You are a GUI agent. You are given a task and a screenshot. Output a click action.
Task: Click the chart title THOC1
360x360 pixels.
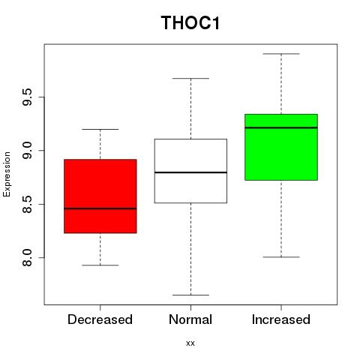pyautogui.click(x=190, y=22)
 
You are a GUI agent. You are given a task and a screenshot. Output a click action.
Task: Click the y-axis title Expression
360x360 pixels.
pyautogui.click(x=7, y=175)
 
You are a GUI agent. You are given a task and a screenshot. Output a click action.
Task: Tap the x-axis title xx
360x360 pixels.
pyautogui.click(x=190, y=343)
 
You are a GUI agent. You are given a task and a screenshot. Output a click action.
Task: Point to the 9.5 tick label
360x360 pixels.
pyautogui.click(x=27, y=97)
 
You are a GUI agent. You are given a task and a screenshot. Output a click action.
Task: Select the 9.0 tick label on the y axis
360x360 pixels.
pyautogui.click(x=27, y=151)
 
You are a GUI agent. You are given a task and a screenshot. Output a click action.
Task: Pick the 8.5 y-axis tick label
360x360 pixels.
pyautogui.click(x=27, y=204)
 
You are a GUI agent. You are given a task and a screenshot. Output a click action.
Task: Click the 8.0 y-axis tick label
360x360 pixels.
pyautogui.click(x=27, y=257)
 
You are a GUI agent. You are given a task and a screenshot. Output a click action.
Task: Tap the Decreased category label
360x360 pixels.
pyautogui.click(x=100, y=319)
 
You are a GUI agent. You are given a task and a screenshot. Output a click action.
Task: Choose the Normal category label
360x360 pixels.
pyautogui.click(x=190, y=319)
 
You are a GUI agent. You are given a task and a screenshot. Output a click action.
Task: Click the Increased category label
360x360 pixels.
pyautogui.click(x=281, y=319)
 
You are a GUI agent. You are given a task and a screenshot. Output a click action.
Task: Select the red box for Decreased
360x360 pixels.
pyautogui.click(x=100, y=196)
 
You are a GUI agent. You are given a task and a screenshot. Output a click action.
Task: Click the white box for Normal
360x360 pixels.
pyautogui.click(x=190, y=171)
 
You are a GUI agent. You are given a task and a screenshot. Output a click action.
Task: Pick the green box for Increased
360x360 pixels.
pyautogui.click(x=281, y=147)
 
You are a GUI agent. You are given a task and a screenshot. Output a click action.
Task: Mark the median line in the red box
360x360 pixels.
pyautogui.click(x=100, y=208)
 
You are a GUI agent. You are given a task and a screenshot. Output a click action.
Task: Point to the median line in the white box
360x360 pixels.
pyautogui.click(x=190, y=172)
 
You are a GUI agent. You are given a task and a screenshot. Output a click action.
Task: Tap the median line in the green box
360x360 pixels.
pyautogui.click(x=281, y=127)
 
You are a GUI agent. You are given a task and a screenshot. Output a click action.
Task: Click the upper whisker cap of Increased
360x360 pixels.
pyautogui.click(x=281, y=54)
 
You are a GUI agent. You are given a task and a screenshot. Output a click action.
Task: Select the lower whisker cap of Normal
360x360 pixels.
pyautogui.click(x=190, y=295)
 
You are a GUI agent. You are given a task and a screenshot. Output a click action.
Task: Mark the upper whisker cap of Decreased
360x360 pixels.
pyautogui.click(x=100, y=129)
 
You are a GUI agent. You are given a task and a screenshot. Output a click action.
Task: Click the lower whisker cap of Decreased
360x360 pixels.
pyautogui.click(x=100, y=265)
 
